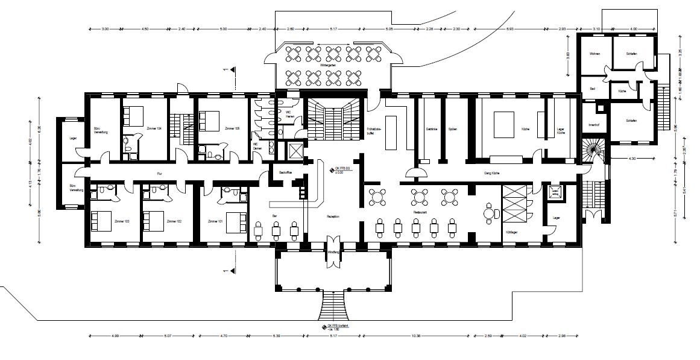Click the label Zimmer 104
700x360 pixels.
click(154, 128)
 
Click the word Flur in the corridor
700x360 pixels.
click(160, 174)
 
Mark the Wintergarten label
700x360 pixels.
click(328, 65)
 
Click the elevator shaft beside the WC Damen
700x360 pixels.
click(297, 151)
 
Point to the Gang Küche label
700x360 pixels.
click(493, 174)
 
